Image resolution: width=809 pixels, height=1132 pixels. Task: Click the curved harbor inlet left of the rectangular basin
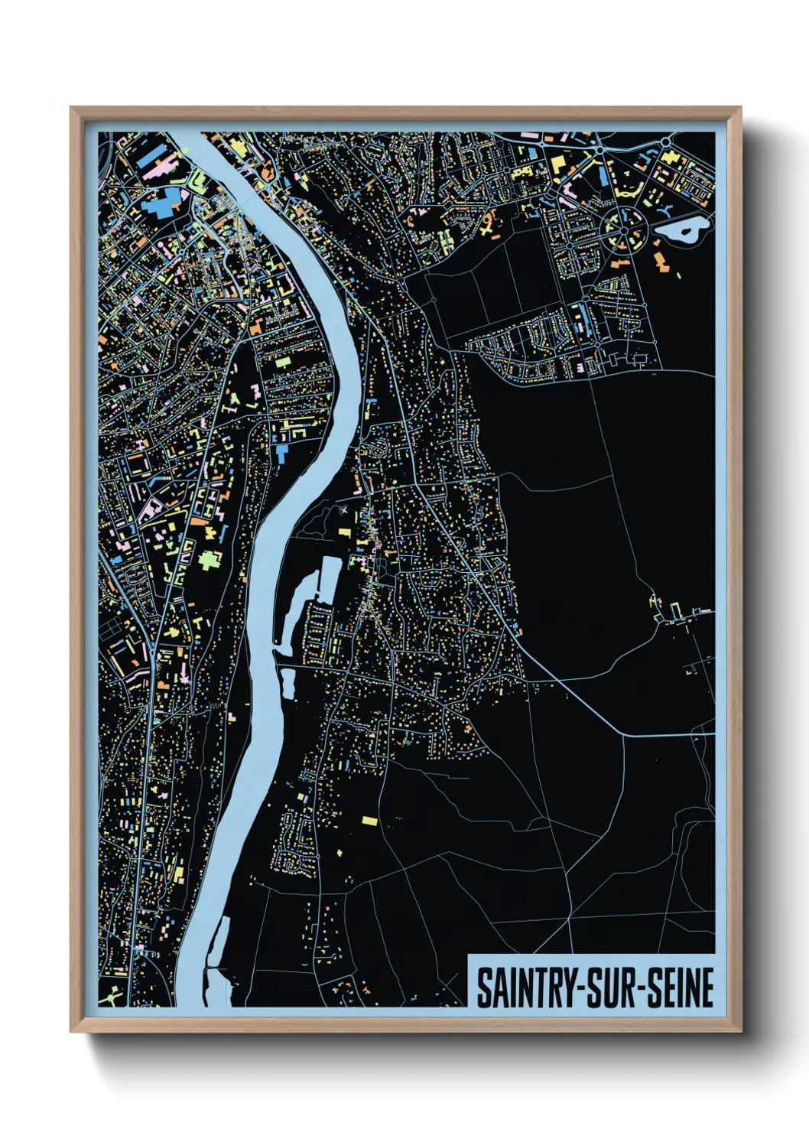[294, 604]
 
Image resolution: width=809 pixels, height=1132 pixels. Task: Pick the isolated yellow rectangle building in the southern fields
[369, 821]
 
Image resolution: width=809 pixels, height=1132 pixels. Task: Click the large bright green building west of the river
[209, 561]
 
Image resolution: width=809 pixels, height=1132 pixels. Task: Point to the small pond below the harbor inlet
[288, 683]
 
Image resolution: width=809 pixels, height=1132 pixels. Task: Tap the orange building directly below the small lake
[661, 262]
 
